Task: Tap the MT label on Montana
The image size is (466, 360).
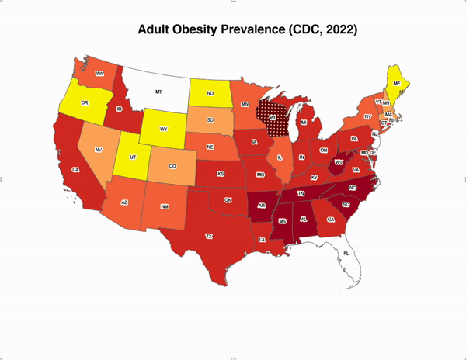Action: point(158,92)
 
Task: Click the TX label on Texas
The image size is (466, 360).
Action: point(208,236)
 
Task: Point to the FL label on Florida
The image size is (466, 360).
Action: point(347,254)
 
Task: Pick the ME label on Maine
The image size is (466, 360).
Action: point(397,83)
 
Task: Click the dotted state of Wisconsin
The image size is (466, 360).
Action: point(273,117)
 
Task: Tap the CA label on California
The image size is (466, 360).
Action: point(75,170)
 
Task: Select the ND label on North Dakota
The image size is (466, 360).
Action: point(210,95)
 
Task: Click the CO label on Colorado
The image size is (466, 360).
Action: point(172,165)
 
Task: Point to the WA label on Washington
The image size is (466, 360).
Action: point(99,74)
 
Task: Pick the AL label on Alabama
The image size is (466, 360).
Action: point(304,220)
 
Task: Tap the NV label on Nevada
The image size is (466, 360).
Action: point(99,149)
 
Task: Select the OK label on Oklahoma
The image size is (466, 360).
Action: point(228,199)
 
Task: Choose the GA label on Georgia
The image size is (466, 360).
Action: point(331,220)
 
